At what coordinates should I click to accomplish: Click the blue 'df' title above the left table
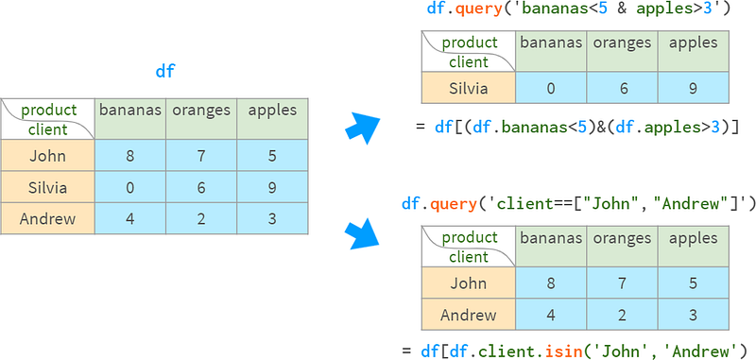click(x=164, y=71)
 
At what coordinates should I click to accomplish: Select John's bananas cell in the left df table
click(x=130, y=156)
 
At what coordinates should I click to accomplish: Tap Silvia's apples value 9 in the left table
click(x=272, y=187)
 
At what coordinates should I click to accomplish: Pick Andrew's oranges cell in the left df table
click(x=201, y=218)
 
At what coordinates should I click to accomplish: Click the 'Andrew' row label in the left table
click(x=48, y=219)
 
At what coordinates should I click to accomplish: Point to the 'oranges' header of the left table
click(x=201, y=111)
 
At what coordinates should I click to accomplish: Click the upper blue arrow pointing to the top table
click(x=363, y=128)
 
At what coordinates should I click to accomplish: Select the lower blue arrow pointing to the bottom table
click(x=363, y=233)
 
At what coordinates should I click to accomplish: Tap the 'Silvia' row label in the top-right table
click(x=469, y=88)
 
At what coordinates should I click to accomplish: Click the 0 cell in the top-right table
click(x=551, y=88)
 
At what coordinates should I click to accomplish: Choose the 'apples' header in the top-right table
click(x=694, y=43)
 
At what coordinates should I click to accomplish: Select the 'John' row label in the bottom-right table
click(x=469, y=283)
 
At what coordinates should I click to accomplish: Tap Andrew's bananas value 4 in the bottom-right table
click(x=551, y=315)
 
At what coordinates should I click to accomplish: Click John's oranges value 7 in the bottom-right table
click(x=622, y=283)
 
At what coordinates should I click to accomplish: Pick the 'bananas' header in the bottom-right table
click(x=551, y=237)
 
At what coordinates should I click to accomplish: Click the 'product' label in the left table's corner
click(x=49, y=111)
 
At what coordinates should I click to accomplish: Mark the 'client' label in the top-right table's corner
click(x=469, y=62)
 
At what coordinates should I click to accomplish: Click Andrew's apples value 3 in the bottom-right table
click(x=694, y=315)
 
